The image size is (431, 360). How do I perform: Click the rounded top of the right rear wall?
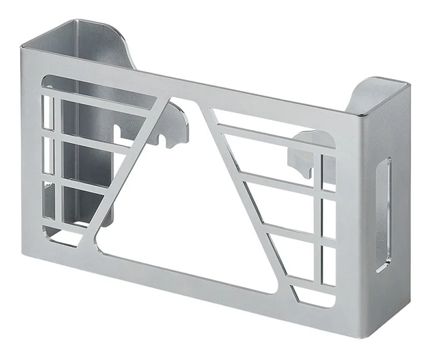point(379,84)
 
